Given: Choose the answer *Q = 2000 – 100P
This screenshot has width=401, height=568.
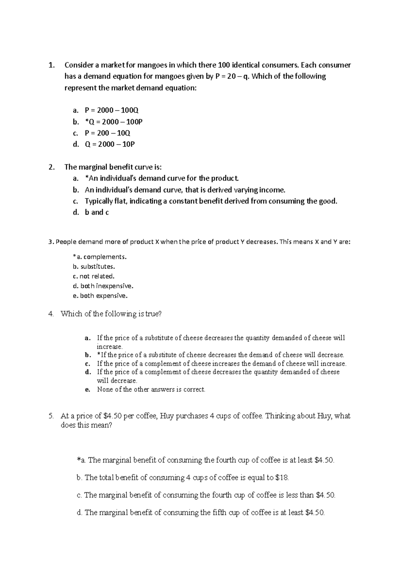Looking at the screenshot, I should click(x=114, y=122).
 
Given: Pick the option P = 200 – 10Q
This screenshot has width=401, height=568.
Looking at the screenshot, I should click(x=107, y=133).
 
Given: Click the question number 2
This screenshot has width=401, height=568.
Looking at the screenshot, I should click(x=51, y=167).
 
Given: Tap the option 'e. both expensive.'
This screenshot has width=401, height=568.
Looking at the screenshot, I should click(x=100, y=296).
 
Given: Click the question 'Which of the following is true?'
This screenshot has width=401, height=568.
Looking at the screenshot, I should click(x=111, y=314).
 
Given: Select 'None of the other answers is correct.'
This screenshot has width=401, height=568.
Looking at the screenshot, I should click(x=151, y=389).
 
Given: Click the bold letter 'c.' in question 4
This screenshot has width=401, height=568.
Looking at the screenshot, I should click(x=88, y=364).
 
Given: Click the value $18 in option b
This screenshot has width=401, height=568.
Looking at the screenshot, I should click(x=282, y=478).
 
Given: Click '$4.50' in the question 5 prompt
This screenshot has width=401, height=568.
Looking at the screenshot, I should click(x=112, y=416).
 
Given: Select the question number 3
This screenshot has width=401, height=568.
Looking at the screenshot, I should click(x=50, y=242).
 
